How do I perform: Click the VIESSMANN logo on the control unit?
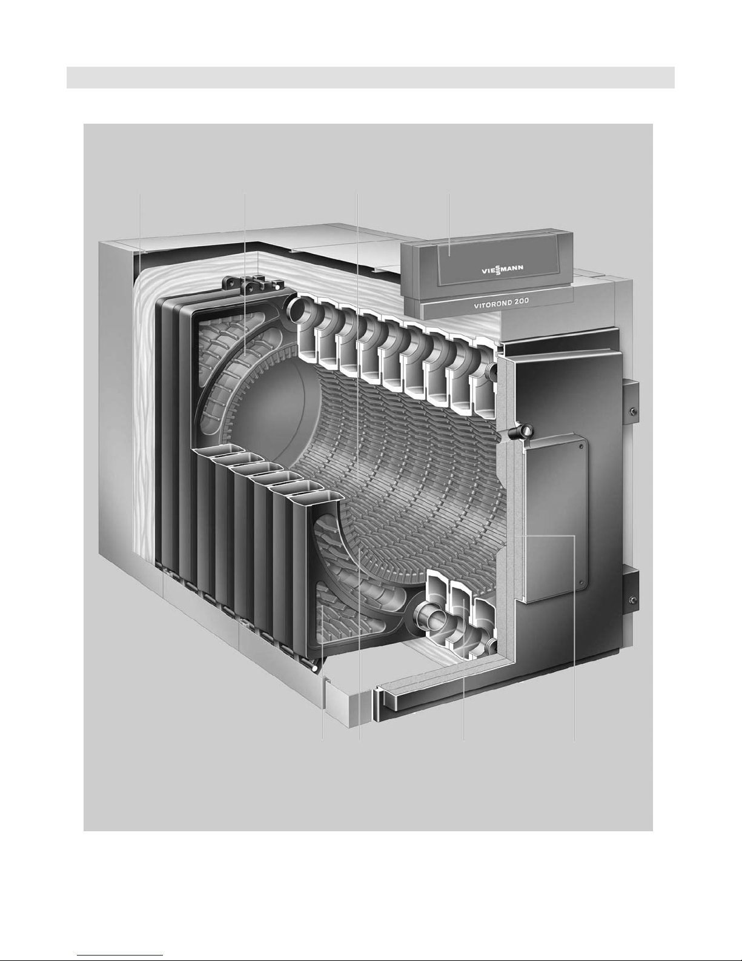[502, 269]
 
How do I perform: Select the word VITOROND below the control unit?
[490, 304]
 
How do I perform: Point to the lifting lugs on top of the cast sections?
[250, 285]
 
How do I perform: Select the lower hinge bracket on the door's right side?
[631, 592]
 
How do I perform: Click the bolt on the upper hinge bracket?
[633, 413]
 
